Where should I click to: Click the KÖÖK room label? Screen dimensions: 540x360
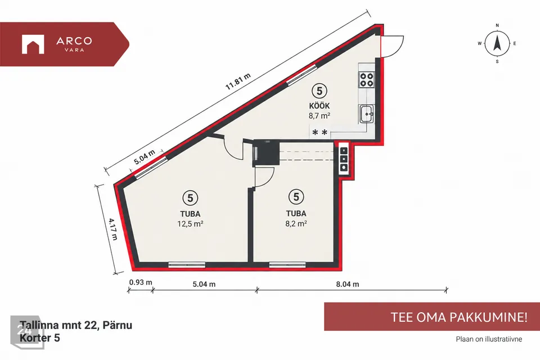click(x=319, y=106)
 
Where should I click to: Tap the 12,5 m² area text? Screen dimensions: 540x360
click(x=190, y=224)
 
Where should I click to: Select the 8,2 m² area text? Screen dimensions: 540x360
click(x=296, y=223)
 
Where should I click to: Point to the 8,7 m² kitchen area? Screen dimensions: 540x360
click(x=319, y=116)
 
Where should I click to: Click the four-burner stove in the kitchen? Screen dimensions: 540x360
click(x=366, y=79)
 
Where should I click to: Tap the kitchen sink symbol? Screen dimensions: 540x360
click(x=367, y=114)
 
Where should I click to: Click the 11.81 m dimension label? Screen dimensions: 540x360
click(x=238, y=82)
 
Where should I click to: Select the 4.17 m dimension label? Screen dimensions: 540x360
click(x=113, y=229)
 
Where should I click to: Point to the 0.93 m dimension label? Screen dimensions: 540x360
click(x=141, y=282)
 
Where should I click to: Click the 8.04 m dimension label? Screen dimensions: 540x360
click(x=348, y=284)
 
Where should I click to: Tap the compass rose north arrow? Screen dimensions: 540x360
click(x=497, y=43)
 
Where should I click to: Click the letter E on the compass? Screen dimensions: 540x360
click(x=515, y=43)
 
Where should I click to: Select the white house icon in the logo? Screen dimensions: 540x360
click(x=33, y=44)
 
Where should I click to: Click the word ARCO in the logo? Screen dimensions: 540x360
click(x=74, y=41)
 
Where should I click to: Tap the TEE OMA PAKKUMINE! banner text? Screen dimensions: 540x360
click(x=459, y=317)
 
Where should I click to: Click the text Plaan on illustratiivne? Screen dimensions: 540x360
click(x=489, y=339)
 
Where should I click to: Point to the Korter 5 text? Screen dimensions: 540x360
click(x=39, y=337)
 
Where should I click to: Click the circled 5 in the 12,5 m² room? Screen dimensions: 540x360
click(x=190, y=198)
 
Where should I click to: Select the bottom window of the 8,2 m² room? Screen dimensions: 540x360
click(x=287, y=265)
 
